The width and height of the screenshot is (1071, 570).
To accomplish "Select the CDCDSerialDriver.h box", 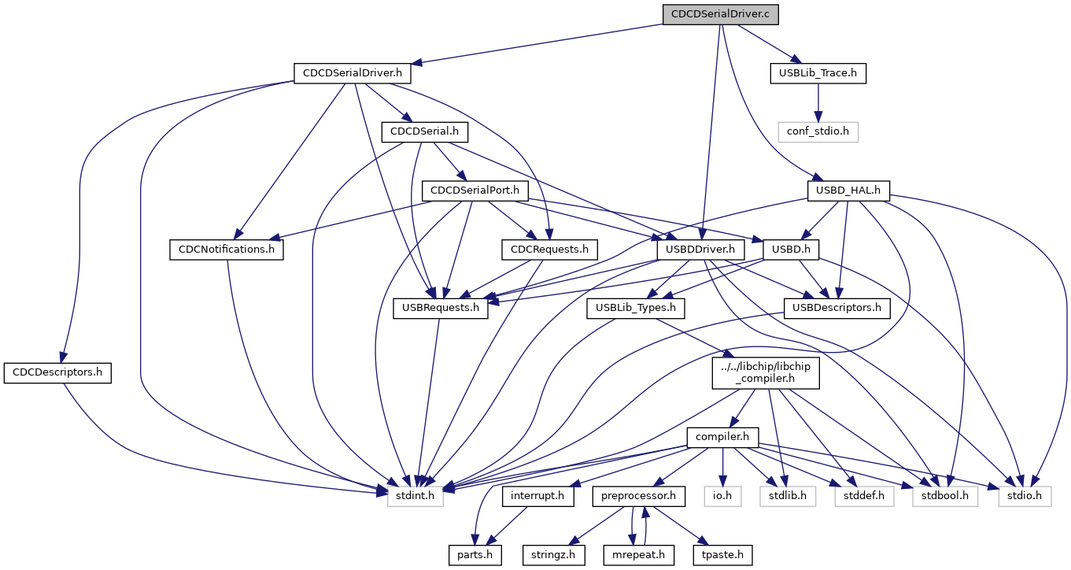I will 353,73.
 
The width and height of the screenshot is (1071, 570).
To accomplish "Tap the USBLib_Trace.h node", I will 818,73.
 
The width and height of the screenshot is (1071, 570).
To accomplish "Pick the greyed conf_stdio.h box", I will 818,131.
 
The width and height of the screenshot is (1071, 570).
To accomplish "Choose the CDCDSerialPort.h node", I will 475,190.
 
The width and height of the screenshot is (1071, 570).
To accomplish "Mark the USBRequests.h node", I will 441,308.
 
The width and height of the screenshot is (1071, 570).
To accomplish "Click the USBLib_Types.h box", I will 635,308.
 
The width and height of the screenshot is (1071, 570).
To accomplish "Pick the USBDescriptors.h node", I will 836,308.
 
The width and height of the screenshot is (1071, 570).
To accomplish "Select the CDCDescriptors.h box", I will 57,372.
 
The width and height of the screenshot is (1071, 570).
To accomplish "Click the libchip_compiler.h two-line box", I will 766,372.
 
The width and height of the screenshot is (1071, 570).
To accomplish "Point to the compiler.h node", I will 722,437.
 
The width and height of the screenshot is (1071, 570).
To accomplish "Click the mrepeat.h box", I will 640,555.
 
